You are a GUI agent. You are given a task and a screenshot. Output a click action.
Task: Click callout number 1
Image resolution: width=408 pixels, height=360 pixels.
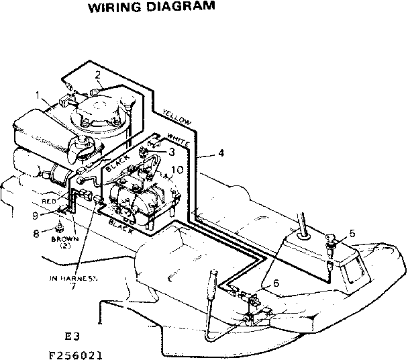(x=38, y=95)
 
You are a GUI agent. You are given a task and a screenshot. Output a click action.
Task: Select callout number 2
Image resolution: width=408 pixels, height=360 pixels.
(x=98, y=75)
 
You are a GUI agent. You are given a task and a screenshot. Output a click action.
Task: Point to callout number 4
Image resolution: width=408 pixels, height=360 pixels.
(x=221, y=153)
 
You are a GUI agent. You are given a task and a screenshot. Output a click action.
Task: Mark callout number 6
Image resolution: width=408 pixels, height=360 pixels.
(x=276, y=283)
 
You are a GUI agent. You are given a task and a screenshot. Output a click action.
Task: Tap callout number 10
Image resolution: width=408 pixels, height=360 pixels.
(x=176, y=171)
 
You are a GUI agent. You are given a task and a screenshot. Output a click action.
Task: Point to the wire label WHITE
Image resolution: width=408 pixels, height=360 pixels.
(x=177, y=140)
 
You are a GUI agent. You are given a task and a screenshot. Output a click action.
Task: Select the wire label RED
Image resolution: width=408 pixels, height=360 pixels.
(x=48, y=201)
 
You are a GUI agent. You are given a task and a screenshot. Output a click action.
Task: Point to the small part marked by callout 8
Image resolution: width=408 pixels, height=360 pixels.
(x=60, y=225)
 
